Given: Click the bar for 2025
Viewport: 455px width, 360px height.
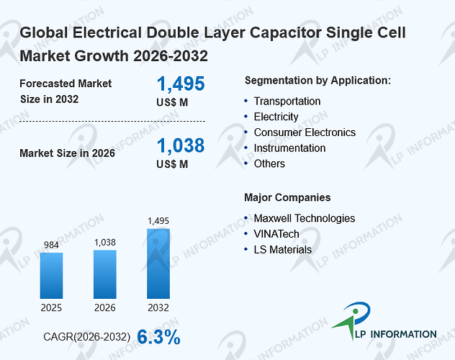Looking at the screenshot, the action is click(x=51, y=276).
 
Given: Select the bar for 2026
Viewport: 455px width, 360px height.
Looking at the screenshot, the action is click(x=105, y=274).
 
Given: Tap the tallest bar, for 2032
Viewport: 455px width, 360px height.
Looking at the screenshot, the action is click(x=158, y=264).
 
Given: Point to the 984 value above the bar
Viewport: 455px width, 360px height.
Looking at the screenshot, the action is click(x=51, y=245).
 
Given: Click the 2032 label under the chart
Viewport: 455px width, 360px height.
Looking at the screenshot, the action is click(x=158, y=307).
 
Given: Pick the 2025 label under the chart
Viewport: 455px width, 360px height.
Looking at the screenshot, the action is click(x=51, y=307).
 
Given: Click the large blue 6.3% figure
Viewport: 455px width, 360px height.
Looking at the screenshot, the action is click(x=158, y=337).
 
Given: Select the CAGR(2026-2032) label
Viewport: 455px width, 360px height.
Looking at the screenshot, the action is click(x=87, y=337).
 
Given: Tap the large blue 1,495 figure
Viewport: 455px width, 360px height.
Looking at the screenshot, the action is click(x=181, y=84).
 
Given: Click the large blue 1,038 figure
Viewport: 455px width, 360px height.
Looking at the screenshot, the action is click(x=181, y=145).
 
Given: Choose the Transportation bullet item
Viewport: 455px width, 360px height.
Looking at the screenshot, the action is click(x=287, y=102).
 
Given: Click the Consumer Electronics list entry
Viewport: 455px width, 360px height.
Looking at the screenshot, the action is click(x=305, y=132).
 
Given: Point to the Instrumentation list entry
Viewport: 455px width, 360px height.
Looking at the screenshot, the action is click(x=289, y=148).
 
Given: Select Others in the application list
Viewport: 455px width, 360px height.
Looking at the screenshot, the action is click(x=269, y=164).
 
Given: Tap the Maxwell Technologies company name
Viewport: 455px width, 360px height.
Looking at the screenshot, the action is click(x=305, y=218).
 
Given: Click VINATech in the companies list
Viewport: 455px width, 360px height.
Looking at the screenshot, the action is click(x=276, y=234).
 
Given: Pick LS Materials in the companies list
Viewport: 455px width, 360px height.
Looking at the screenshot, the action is click(x=283, y=250).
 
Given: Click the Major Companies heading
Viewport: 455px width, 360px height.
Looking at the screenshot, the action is click(x=287, y=197).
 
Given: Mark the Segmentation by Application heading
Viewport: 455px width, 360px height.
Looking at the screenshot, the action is click(x=317, y=81).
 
